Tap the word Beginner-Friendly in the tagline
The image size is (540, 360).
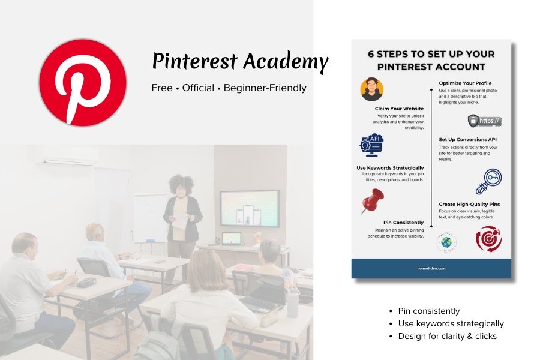pyautogui.click(x=265, y=88)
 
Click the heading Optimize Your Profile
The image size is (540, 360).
pyautogui.click(x=466, y=83)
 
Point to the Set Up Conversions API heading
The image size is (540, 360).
pyautogui.click(x=467, y=139)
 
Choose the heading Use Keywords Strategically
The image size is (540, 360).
pyautogui.click(x=390, y=167)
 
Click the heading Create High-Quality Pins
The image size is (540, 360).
pyautogui.click(x=469, y=204)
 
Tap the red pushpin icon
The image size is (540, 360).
pyautogui.click(x=373, y=200)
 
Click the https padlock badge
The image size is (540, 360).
pyautogui.click(x=484, y=121)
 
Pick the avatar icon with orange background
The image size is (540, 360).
pyautogui.click(x=372, y=89)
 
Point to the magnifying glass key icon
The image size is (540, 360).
pyautogui.click(x=488, y=181)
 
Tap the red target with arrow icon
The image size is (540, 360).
pyautogui.click(x=487, y=239)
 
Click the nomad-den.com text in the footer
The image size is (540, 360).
pyautogui.click(x=431, y=268)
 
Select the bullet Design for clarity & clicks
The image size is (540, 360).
pyautogui.click(x=447, y=336)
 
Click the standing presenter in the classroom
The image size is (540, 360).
pyautogui.click(x=183, y=210)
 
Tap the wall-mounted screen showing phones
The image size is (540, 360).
pyautogui.click(x=250, y=208)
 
